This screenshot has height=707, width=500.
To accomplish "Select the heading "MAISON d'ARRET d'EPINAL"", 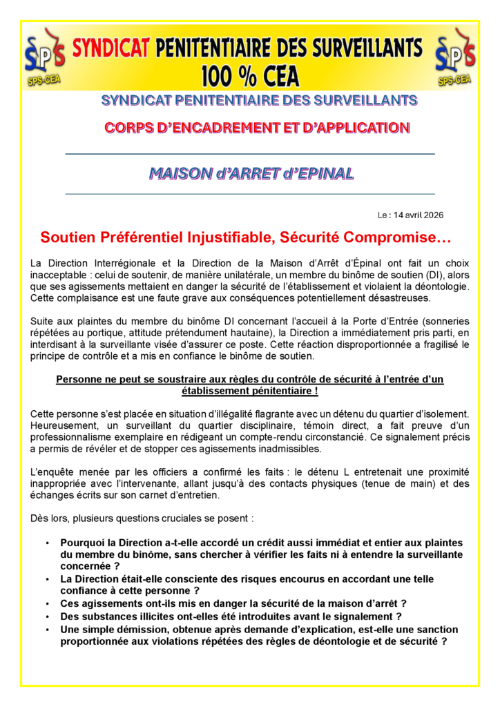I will tap(250, 173).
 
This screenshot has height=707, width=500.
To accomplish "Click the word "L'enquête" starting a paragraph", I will tap(51, 472).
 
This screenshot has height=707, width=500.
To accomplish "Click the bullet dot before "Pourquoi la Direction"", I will tap(48, 543).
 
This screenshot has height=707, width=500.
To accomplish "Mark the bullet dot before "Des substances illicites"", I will tap(48, 616).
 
